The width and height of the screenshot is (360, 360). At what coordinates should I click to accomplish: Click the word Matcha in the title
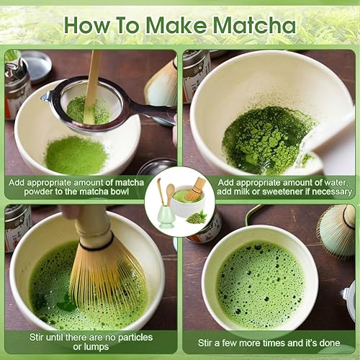[254, 25]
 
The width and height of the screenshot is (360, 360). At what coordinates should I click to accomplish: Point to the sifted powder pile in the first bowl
[76, 155]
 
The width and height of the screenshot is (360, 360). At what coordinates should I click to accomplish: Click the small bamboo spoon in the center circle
[170, 194]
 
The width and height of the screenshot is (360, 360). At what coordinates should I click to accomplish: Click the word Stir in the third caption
[37, 337]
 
